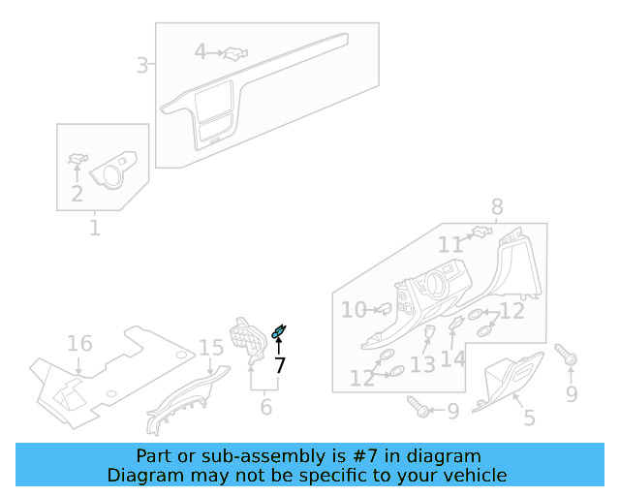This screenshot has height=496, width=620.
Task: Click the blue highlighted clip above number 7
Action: pyautogui.click(x=279, y=333)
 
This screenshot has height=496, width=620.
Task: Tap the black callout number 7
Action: pyautogui.click(x=280, y=365)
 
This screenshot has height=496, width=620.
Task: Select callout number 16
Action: pyautogui.click(x=79, y=344)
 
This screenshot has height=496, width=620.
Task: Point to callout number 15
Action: pyautogui.click(x=211, y=348)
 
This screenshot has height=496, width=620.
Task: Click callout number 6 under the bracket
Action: pyautogui.click(x=266, y=407)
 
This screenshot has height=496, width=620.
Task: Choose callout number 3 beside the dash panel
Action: pyautogui.click(x=142, y=66)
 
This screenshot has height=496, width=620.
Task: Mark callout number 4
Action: pyautogui.click(x=201, y=51)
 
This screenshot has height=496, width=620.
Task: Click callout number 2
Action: pyautogui.click(x=77, y=194)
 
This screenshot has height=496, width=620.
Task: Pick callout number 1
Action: pyautogui.click(x=95, y=229)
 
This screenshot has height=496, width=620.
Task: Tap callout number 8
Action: pyautogui.click(x=497, y=206)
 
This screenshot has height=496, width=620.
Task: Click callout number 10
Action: pyautogui.click(x=354, y=310)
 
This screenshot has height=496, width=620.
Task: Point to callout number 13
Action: pyautogui.click(x=422, y=364)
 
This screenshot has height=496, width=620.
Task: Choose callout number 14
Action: pyautogui.click(x=453, y=358)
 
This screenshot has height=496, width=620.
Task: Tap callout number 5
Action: pyautogui.click(x=529, y=418)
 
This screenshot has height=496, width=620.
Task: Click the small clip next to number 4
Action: pyautogui.click(x=233, y=53)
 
